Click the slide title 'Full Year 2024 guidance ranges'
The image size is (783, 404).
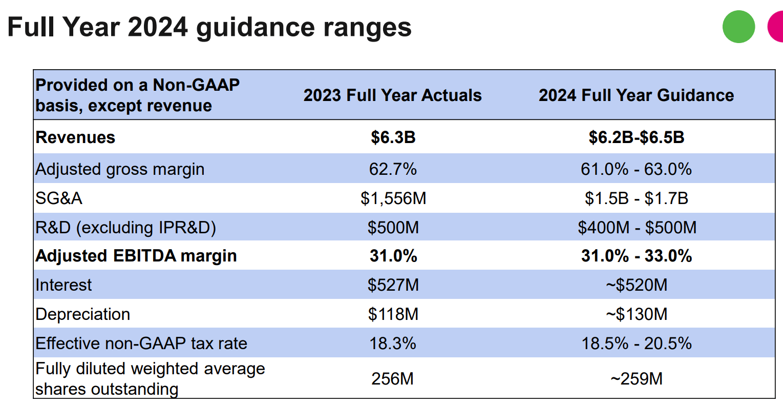point(209,27)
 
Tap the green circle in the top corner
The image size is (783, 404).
point(738,27)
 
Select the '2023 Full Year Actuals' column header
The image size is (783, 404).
point(392,95)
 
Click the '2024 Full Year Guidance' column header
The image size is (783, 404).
point(636,95)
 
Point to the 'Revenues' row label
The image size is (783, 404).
point(75,137)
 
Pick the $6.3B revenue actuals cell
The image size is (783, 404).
point(393,137)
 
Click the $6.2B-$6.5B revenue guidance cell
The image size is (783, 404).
point(636,137)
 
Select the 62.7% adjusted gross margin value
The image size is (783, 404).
point(393,169)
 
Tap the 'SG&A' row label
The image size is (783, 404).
point(59,198)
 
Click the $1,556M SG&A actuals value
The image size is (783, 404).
point(393,198)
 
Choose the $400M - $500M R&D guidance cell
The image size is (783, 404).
point(637,228)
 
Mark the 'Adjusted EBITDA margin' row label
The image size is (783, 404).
point(136,256)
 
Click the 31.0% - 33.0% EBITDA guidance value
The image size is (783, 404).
point(636,256)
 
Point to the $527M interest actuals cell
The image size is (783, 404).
point(393,285)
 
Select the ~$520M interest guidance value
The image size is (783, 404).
point(636,285)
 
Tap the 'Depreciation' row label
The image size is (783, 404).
point(82,314)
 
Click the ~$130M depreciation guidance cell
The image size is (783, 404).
point(636,314)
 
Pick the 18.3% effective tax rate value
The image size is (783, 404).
point(393,344)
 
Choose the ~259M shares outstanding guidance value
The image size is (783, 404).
point(636,379)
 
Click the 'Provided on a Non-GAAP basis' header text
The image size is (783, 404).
point(137,95)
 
